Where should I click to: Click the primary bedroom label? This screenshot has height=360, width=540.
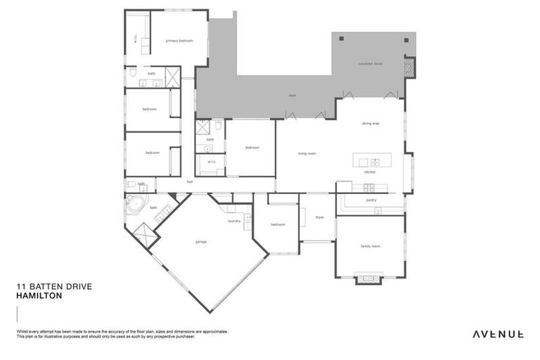coord(179,41)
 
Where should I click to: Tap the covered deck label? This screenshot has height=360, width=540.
coord(370,63)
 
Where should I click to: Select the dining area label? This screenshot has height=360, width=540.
coord(371,123)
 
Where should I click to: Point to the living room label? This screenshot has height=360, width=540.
coord(307,153)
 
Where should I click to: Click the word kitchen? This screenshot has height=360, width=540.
coord(370,172)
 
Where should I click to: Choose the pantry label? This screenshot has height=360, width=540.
coord(371,200)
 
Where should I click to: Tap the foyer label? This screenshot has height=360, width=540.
coord(319,217)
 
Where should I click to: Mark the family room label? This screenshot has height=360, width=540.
coord(371,246)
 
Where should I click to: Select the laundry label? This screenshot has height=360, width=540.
coord(234,221)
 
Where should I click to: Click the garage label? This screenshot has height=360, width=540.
coord(201,242)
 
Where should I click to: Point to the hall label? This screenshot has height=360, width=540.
coord(190,182)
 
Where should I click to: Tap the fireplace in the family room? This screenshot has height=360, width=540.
coord(368,280)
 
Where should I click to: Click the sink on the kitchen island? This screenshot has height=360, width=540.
coord(375,162)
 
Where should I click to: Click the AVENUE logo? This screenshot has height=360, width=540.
coord(497,334)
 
